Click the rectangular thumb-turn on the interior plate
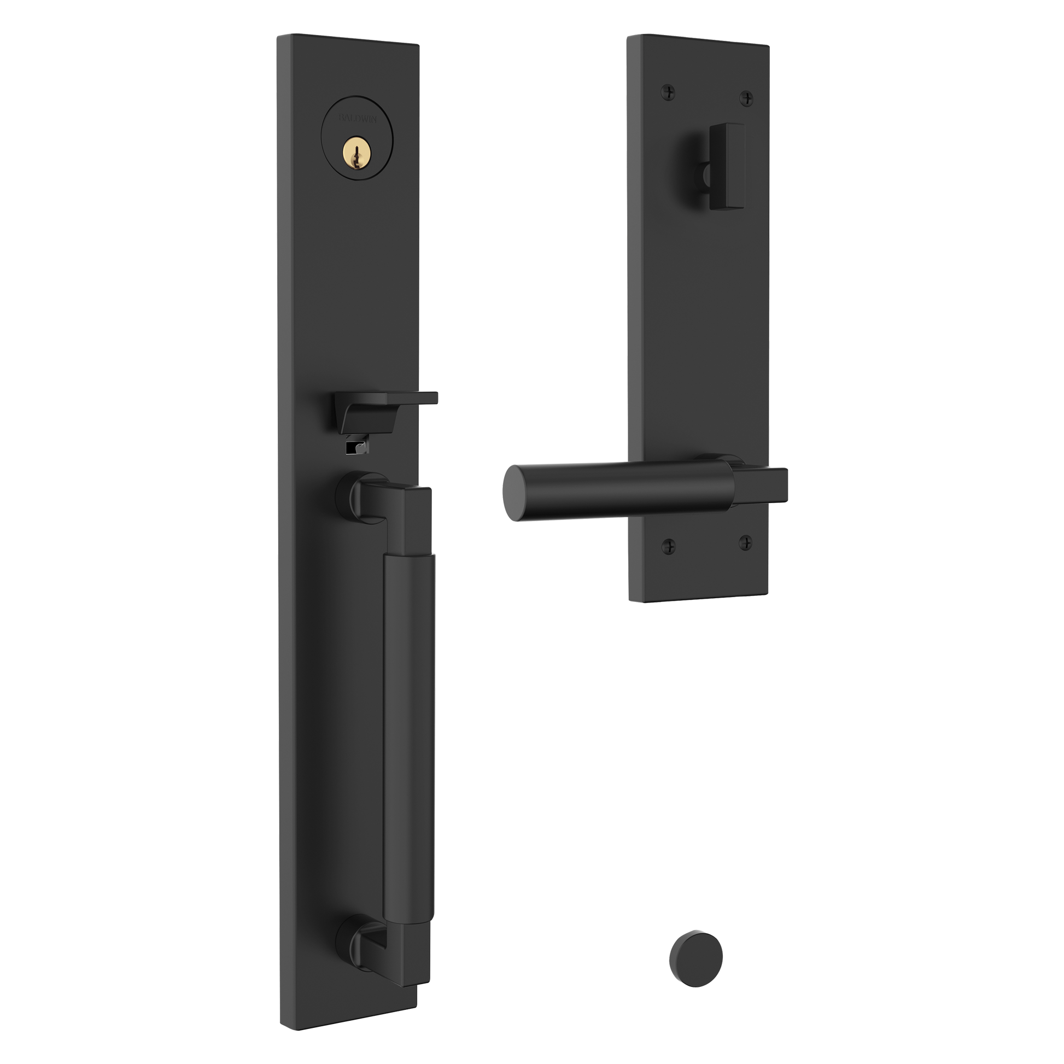726,166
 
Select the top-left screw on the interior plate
668,92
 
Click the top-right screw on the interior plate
746,98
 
